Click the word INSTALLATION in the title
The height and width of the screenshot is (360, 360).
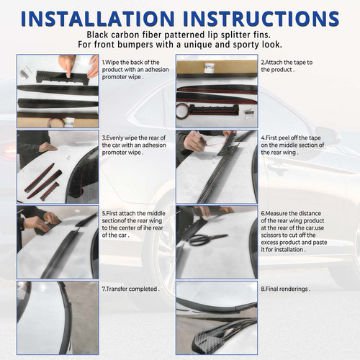(x=97, y=18)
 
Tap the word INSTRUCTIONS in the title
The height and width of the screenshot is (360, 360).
(x=261, y=18)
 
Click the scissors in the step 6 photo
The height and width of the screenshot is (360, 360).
(x=207, y=239)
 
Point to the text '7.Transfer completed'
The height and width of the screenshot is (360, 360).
(x=130, y=289)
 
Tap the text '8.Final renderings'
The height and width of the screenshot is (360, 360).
(x=285, y=289)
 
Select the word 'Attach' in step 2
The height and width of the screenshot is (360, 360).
(x=274, y=63)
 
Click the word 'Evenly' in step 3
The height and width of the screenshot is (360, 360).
(x=114, y=138)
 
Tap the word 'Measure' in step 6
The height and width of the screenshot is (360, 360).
(x=276, y=213)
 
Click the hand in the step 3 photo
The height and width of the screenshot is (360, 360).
(x=48, y=147)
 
